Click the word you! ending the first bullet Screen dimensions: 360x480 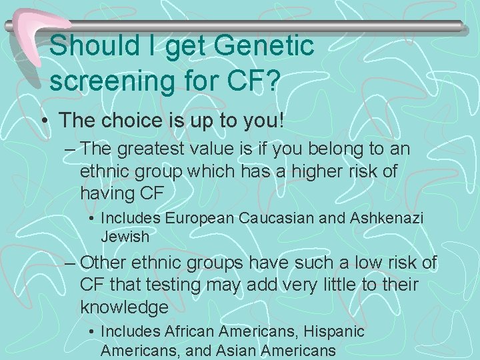265,121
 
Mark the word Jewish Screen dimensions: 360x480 125,236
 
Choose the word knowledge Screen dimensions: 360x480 124,307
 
